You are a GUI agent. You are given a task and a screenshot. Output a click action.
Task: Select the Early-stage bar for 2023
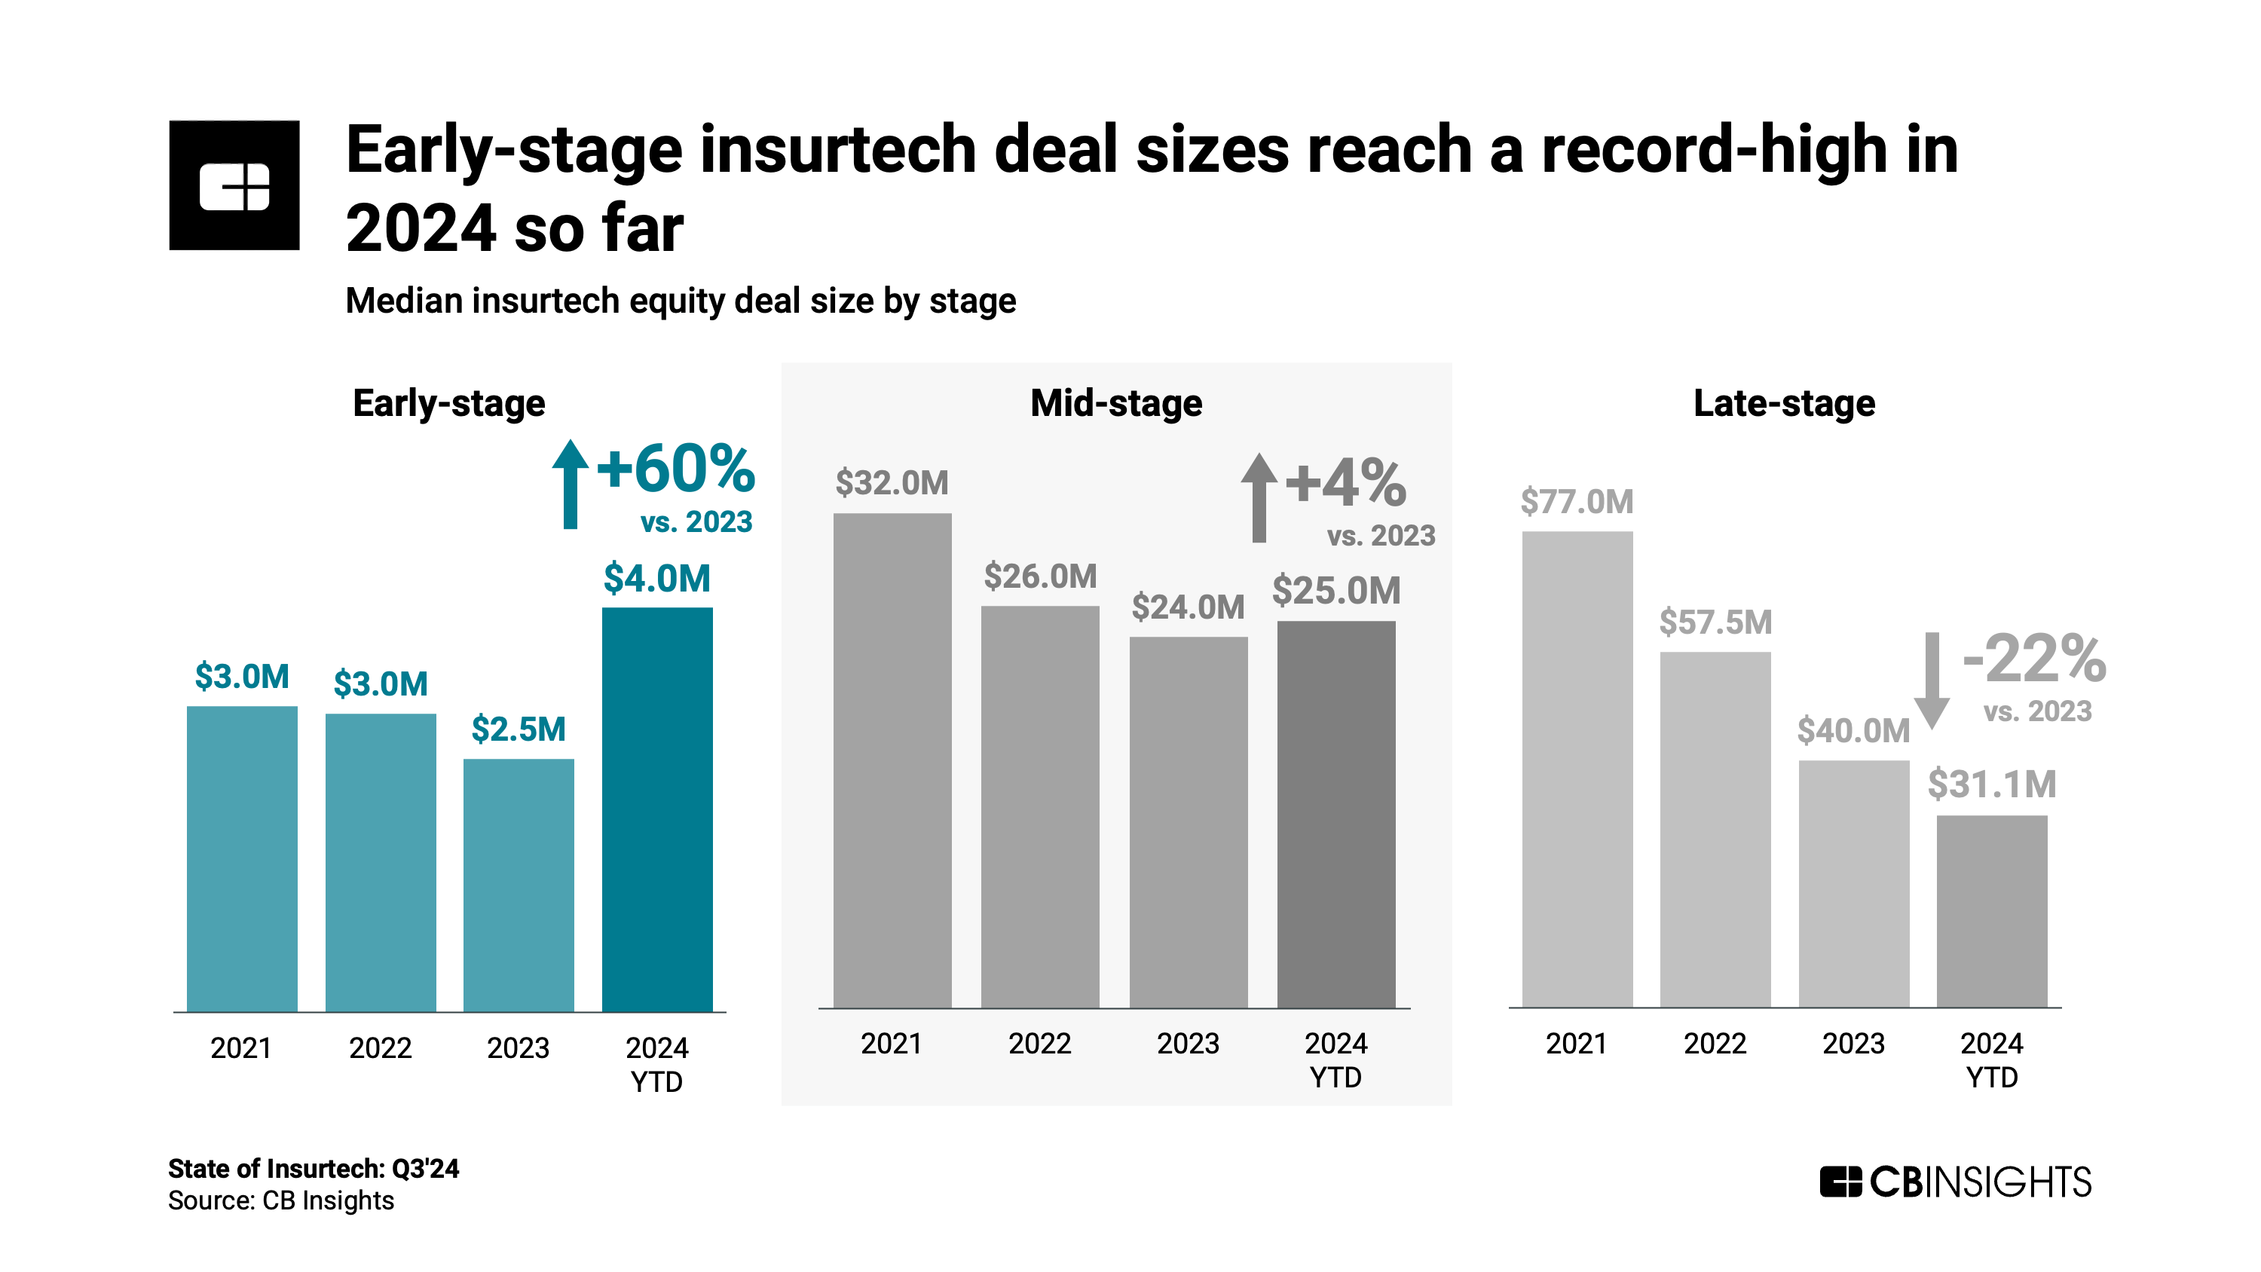[518, 884]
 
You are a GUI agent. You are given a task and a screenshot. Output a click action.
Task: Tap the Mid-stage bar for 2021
[892, 760]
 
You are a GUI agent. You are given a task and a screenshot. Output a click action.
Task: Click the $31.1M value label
[1990, 784]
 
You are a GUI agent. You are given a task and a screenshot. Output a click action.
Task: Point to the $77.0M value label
[1577, 502]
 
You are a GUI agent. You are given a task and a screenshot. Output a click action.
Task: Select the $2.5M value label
[518, 729]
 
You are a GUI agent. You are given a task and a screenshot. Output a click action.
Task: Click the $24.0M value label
[1187, 607]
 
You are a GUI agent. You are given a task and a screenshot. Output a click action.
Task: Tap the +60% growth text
[675, 468]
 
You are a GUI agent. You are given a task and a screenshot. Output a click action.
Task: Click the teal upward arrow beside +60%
[570, 484]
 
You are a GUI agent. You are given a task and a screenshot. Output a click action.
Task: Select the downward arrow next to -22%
[1931, 680]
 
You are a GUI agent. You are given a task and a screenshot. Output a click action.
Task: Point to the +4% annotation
[1345, 483]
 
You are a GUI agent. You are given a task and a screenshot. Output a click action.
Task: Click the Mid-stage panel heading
[1115, 403]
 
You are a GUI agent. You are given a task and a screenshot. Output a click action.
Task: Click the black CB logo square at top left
[234, 185]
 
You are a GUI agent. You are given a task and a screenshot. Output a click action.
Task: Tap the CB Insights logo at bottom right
[1955, 1182]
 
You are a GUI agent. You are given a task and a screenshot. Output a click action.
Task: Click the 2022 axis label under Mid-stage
[1039, 1043]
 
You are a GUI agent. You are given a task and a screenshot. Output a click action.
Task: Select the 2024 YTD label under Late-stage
[1990, 1059]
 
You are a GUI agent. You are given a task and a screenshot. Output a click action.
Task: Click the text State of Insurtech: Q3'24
[314, 1169]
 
